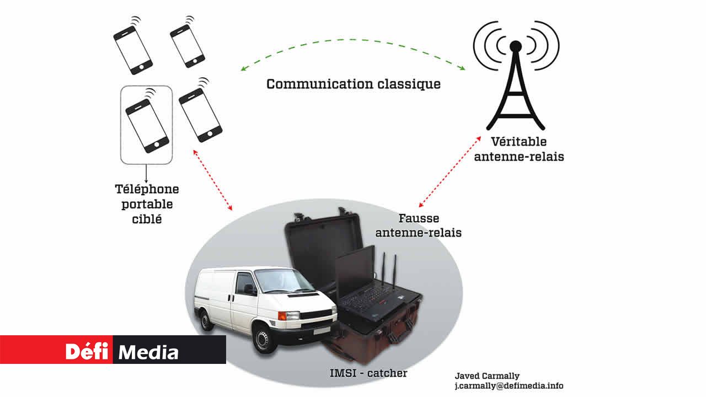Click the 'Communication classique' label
coord(354,84)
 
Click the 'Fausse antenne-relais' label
coord(418,226)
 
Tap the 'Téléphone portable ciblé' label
coord(147,204)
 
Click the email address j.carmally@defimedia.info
coord(508,386)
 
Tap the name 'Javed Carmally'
coord(487,376)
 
